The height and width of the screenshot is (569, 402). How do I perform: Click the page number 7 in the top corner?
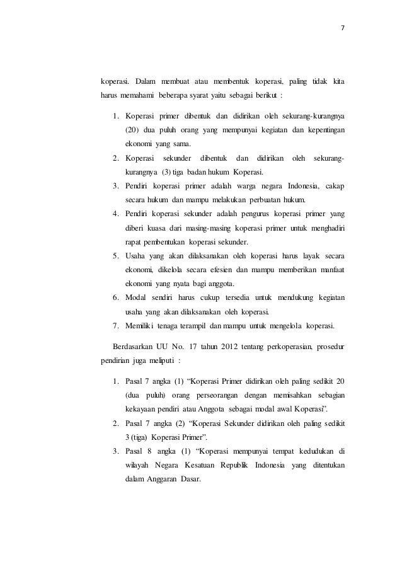coord(343,27)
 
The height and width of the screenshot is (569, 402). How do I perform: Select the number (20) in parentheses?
coord(131,130)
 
